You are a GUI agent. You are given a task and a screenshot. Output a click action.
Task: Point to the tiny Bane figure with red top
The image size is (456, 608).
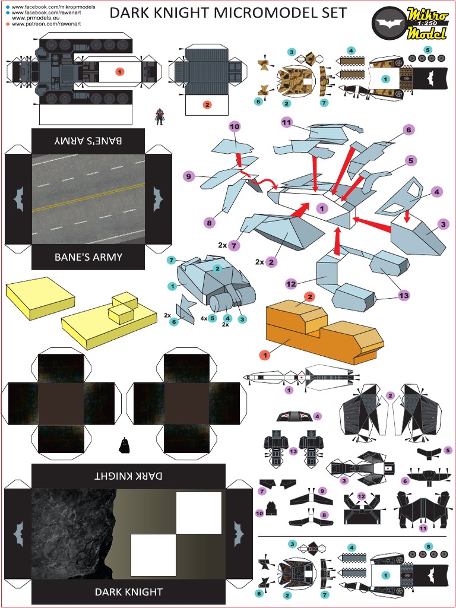coord(159,116)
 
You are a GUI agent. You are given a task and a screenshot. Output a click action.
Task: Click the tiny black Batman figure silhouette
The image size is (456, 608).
coord(124,445)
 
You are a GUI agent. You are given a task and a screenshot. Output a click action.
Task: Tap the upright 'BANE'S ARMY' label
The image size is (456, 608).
coord(88,258)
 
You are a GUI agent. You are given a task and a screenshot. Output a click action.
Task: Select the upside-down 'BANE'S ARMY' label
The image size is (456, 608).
coord(88,141)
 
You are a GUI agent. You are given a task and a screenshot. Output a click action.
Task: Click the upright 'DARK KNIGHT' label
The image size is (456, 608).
coord(128,592)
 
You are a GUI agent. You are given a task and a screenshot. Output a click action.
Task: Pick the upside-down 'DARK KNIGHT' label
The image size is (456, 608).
coord(128,476)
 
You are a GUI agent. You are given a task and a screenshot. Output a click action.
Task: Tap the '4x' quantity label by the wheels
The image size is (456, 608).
coord(204,319)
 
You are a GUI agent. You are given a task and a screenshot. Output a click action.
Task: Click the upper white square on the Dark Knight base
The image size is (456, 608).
coord(199,512)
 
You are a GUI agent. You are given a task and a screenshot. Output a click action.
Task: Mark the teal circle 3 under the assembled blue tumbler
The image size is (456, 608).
coord(242,319)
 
